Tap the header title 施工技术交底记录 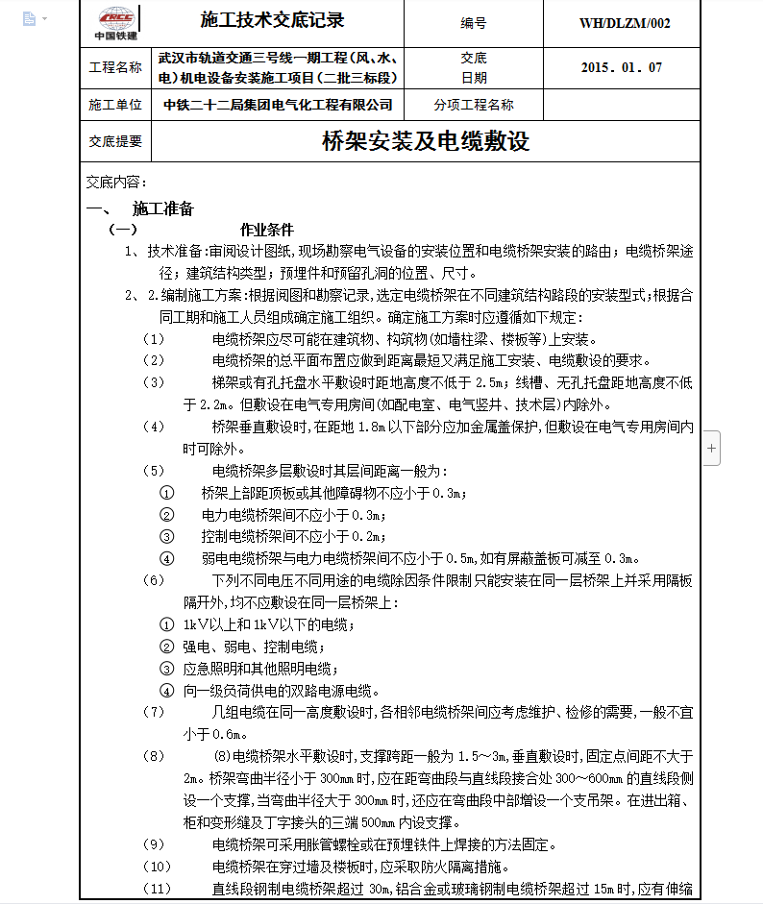coord(272,20)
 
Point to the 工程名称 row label coord(114,68)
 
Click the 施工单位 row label coord(114,105)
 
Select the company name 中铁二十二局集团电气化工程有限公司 coord(278,105)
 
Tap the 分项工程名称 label coord(474,105)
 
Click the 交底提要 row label coord(114,141)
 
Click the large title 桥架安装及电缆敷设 coord(426,142)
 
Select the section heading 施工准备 coord(163,208)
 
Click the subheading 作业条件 coord(266,231)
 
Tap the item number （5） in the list coord(154,471)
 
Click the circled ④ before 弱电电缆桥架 coord(167,558)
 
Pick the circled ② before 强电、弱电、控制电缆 coord(167,647)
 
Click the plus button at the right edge coord(711,448)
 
